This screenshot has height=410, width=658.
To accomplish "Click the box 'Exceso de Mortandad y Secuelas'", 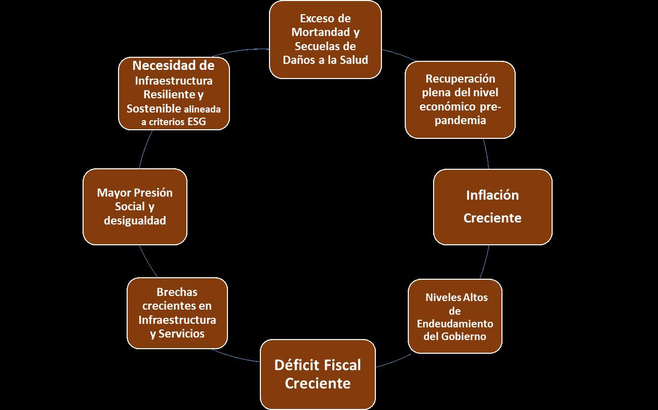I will point(325,40).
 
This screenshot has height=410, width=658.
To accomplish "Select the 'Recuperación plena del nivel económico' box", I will point(460,99).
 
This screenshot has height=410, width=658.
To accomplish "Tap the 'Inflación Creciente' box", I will point(492,207).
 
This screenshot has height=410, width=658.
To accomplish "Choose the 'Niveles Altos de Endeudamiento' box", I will point(455,316).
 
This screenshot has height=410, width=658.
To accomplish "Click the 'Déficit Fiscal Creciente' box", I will point(318,374).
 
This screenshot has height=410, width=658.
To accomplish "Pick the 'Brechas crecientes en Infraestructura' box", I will point(177,313).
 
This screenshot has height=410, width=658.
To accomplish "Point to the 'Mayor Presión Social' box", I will point(135,207).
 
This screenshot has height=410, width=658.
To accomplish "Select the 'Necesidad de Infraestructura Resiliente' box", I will point(174,94).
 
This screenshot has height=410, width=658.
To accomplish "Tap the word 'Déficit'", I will point(295,365).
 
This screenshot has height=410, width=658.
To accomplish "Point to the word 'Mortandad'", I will point(322,32).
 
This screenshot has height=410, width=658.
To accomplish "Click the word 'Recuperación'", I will point(460,79).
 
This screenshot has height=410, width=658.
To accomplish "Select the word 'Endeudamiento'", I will point(455,323).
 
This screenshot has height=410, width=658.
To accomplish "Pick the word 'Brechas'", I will point(177,292).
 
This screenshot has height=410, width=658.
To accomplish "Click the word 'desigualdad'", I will point(135,221).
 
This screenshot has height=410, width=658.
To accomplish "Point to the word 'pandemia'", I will point(460,120).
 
